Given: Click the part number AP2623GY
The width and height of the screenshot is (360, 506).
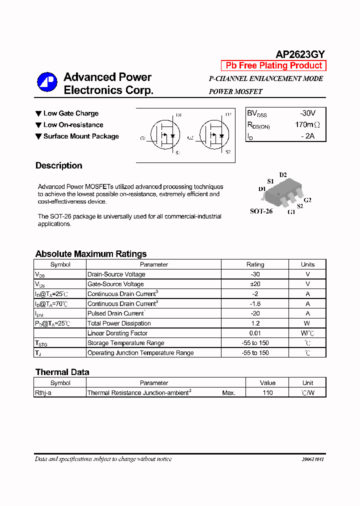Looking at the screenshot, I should pos(300,54).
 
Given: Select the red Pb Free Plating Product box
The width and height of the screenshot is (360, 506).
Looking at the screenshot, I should pos(273,65).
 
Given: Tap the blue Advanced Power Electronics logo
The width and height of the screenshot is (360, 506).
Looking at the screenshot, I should pos(47,83).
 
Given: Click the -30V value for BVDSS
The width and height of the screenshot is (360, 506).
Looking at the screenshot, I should pos(307,113).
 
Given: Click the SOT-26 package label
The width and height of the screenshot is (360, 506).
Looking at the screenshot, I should pos(261,211).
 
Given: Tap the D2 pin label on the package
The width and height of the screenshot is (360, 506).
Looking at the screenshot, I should pos(283,175).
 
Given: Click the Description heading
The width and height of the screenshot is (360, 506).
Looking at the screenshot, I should pos(58,165).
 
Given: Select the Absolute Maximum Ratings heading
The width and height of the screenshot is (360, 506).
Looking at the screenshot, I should pos(91,254).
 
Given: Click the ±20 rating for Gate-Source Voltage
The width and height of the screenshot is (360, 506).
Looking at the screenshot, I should pos(255,284).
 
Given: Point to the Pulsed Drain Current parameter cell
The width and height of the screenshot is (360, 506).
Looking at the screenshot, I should pos(116,313).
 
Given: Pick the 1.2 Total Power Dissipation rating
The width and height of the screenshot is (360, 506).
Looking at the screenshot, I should pos(255,323).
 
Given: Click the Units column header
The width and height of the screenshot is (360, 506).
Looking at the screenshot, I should pos(307,264).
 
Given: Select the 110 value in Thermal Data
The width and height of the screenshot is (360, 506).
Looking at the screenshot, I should pos(267,393).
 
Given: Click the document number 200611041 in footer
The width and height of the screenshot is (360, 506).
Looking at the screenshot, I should pos(313,459).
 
